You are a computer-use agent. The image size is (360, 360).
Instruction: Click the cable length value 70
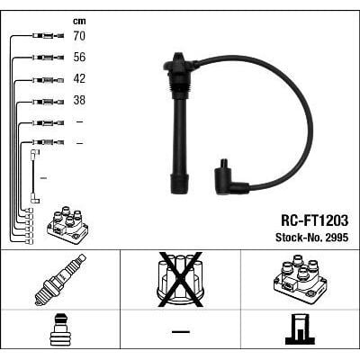[80, 37]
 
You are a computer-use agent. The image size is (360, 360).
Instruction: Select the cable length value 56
[80, 58]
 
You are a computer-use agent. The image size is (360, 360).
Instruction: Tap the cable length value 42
[80, 79]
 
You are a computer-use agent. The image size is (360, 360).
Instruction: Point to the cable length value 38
[80, 101]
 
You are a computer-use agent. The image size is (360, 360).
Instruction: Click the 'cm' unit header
[78, 20]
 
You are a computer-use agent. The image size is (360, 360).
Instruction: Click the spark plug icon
[59, 279]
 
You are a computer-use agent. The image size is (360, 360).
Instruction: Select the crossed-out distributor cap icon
[180, 279]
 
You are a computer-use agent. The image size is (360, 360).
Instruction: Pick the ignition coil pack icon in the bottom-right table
[299, 279]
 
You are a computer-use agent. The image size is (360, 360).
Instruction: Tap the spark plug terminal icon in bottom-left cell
[59, 329]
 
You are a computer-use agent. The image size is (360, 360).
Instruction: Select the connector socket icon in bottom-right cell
[299, 329]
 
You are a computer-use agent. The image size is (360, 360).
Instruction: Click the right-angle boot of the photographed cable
[230, 176]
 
